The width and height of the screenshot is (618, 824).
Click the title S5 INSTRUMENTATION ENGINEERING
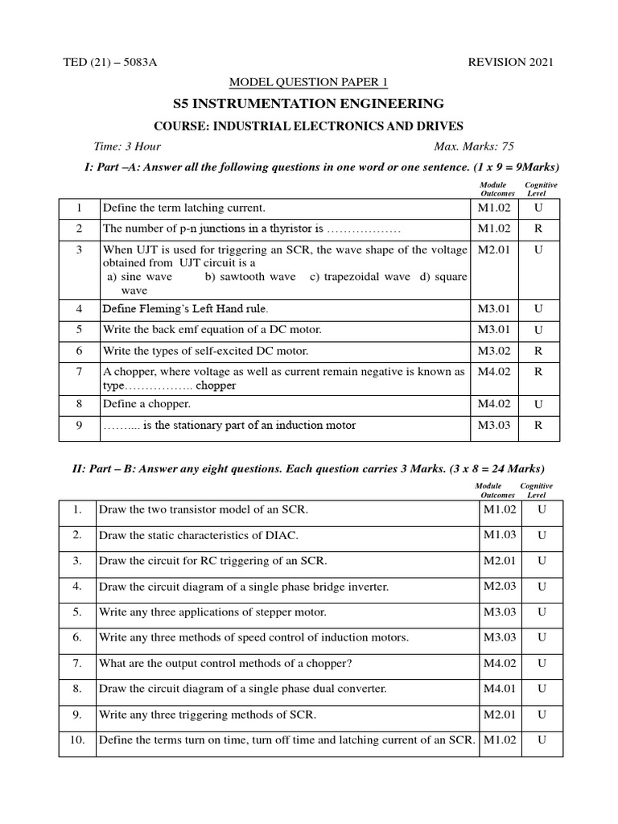point(309,103)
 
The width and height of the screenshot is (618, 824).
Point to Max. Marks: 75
point(474,146)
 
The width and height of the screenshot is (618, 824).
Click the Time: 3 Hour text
point(127,146)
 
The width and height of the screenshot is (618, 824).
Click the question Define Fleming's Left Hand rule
point(185,309)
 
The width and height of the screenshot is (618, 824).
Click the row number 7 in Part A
point(80,372)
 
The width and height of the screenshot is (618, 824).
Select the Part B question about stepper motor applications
point(212,612)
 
